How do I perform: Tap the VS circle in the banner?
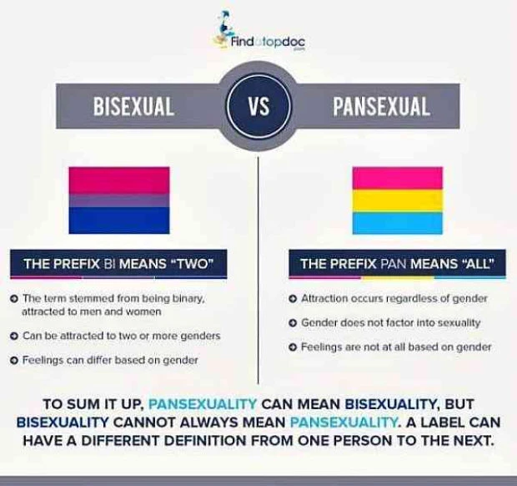[x=258, y=107]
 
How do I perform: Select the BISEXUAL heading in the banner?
[x=133, y=107]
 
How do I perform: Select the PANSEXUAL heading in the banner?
[x=381, y=107]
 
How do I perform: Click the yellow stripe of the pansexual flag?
[x=398, y=201]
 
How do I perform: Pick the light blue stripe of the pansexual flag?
[x=398, y=223]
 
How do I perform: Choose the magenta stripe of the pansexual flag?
[x=398, y=178]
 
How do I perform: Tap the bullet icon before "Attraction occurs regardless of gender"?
[x=293, y=299]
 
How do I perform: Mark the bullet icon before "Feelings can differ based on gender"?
[x=16, y=360]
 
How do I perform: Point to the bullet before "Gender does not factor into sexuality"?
[x=293, y=322]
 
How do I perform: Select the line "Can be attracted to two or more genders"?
[x=121, y=336]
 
